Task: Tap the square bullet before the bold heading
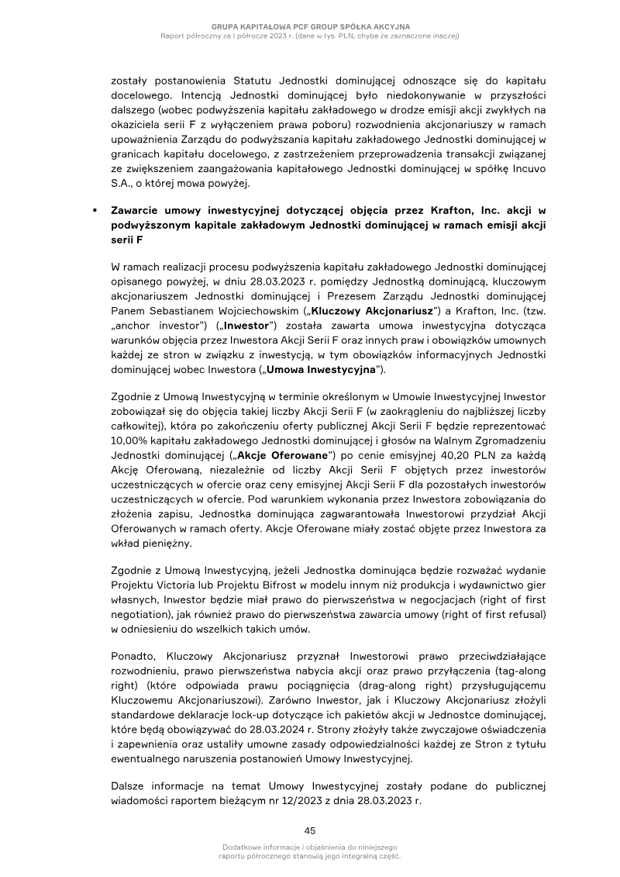(93, 210)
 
